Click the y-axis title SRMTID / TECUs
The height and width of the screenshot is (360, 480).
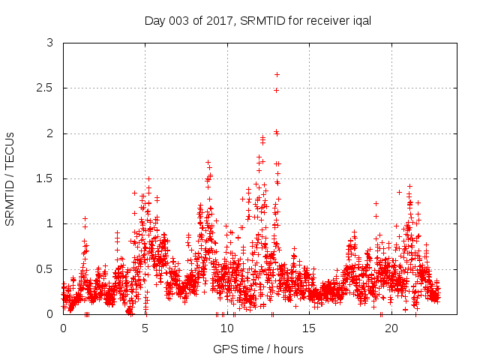10,178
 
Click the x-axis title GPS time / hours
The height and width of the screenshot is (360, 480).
258,349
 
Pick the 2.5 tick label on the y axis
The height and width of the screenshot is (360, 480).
46,88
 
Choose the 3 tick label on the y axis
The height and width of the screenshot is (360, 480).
50,43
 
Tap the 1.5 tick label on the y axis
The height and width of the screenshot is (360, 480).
46,178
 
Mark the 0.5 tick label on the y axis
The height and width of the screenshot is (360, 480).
46,268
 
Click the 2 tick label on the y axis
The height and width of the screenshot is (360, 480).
50,133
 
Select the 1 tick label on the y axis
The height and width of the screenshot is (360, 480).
50,223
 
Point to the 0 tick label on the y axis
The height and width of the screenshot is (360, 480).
50,313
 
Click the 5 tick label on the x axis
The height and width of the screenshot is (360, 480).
145,328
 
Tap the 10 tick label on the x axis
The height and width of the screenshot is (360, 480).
227,328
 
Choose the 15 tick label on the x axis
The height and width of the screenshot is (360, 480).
309,328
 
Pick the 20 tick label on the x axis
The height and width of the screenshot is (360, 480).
391,328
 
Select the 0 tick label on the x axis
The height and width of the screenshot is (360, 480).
63,328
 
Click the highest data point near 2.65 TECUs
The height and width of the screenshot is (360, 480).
277,74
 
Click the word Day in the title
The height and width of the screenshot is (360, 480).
154,21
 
